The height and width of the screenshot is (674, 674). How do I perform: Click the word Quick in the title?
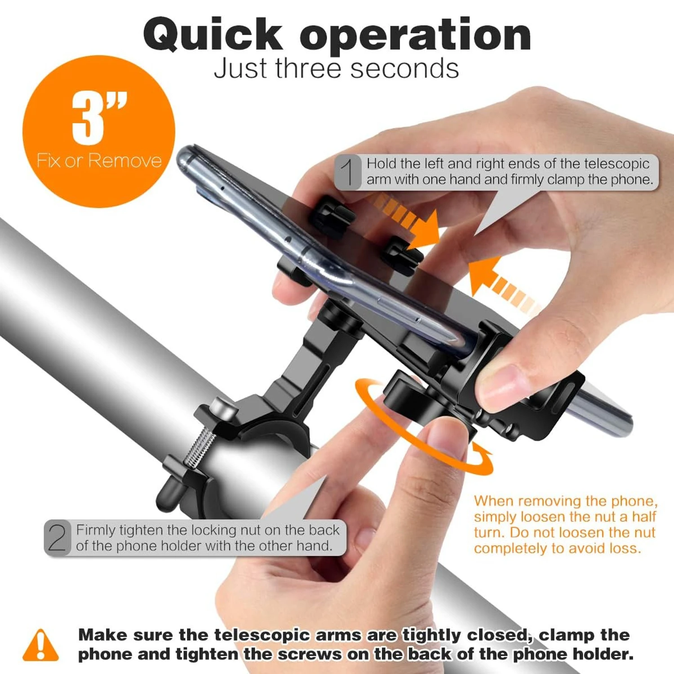click(x=213, y=35)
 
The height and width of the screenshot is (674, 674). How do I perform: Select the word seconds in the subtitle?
click(x=404, y=69)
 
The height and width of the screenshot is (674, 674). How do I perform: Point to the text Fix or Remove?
click(x=99, y=160)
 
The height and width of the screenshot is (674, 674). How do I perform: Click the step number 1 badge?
click(x=348, y=172)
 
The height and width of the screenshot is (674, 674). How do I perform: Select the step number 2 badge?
click(x=58, y=538)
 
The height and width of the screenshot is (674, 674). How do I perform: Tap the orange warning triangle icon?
click(x=40, y=645)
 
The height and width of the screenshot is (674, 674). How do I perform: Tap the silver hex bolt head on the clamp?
click(x=224, y=408)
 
